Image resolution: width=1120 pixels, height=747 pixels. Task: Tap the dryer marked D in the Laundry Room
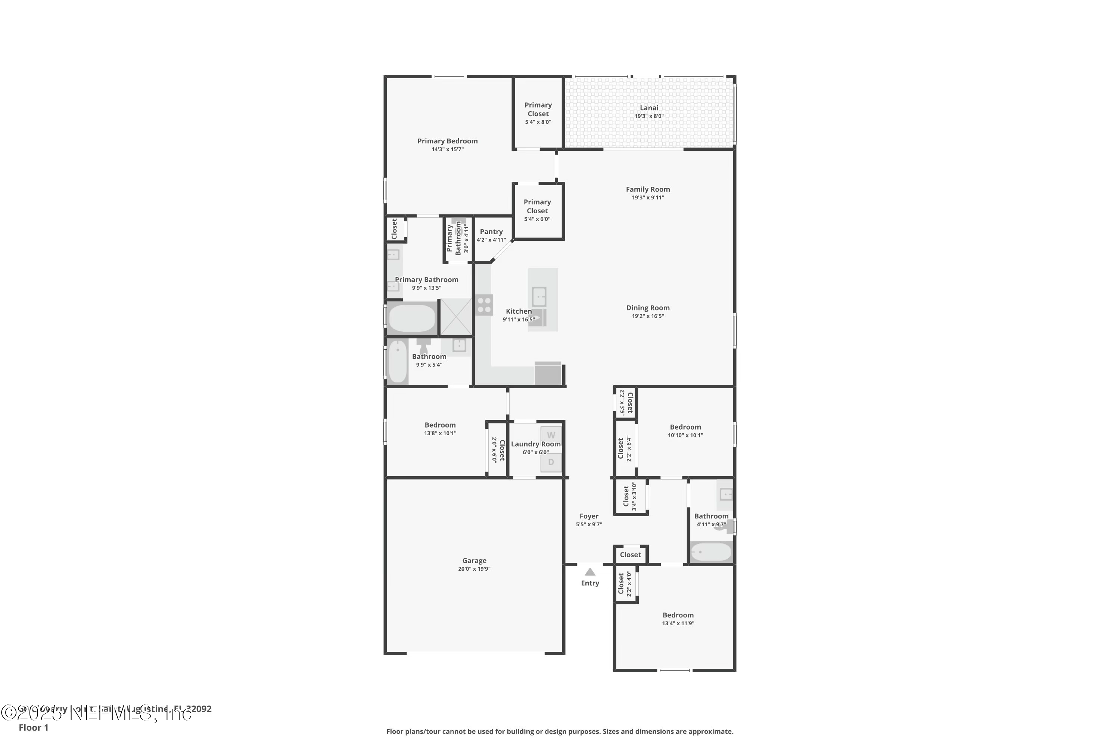pos(551,462)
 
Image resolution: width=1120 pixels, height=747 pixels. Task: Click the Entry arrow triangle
pos(590,572)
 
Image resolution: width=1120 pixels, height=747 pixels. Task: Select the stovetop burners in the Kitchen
pos(484,306)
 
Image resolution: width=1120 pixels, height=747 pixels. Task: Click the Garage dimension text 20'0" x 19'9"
pos(474,569)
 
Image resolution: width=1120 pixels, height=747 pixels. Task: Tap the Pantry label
pos(491,232)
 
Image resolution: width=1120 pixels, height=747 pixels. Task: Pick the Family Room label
pos(648,189)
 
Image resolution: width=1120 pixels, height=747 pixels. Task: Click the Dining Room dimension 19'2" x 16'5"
pos(648,316)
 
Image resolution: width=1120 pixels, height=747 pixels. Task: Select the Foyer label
pos(589,516)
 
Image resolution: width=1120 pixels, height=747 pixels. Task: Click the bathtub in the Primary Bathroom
pos(412,318)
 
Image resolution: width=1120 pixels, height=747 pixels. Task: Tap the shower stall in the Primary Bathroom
pos(456,317)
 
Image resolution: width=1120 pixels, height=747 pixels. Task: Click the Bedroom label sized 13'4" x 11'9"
pos(678,615)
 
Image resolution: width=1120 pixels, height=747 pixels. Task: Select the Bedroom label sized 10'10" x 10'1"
pos(685,427)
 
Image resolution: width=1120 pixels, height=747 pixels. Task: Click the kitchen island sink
pos(539,296)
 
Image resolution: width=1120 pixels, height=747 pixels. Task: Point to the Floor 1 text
pos(33,728)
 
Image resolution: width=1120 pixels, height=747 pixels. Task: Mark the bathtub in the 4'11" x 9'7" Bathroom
pos(711,552)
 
